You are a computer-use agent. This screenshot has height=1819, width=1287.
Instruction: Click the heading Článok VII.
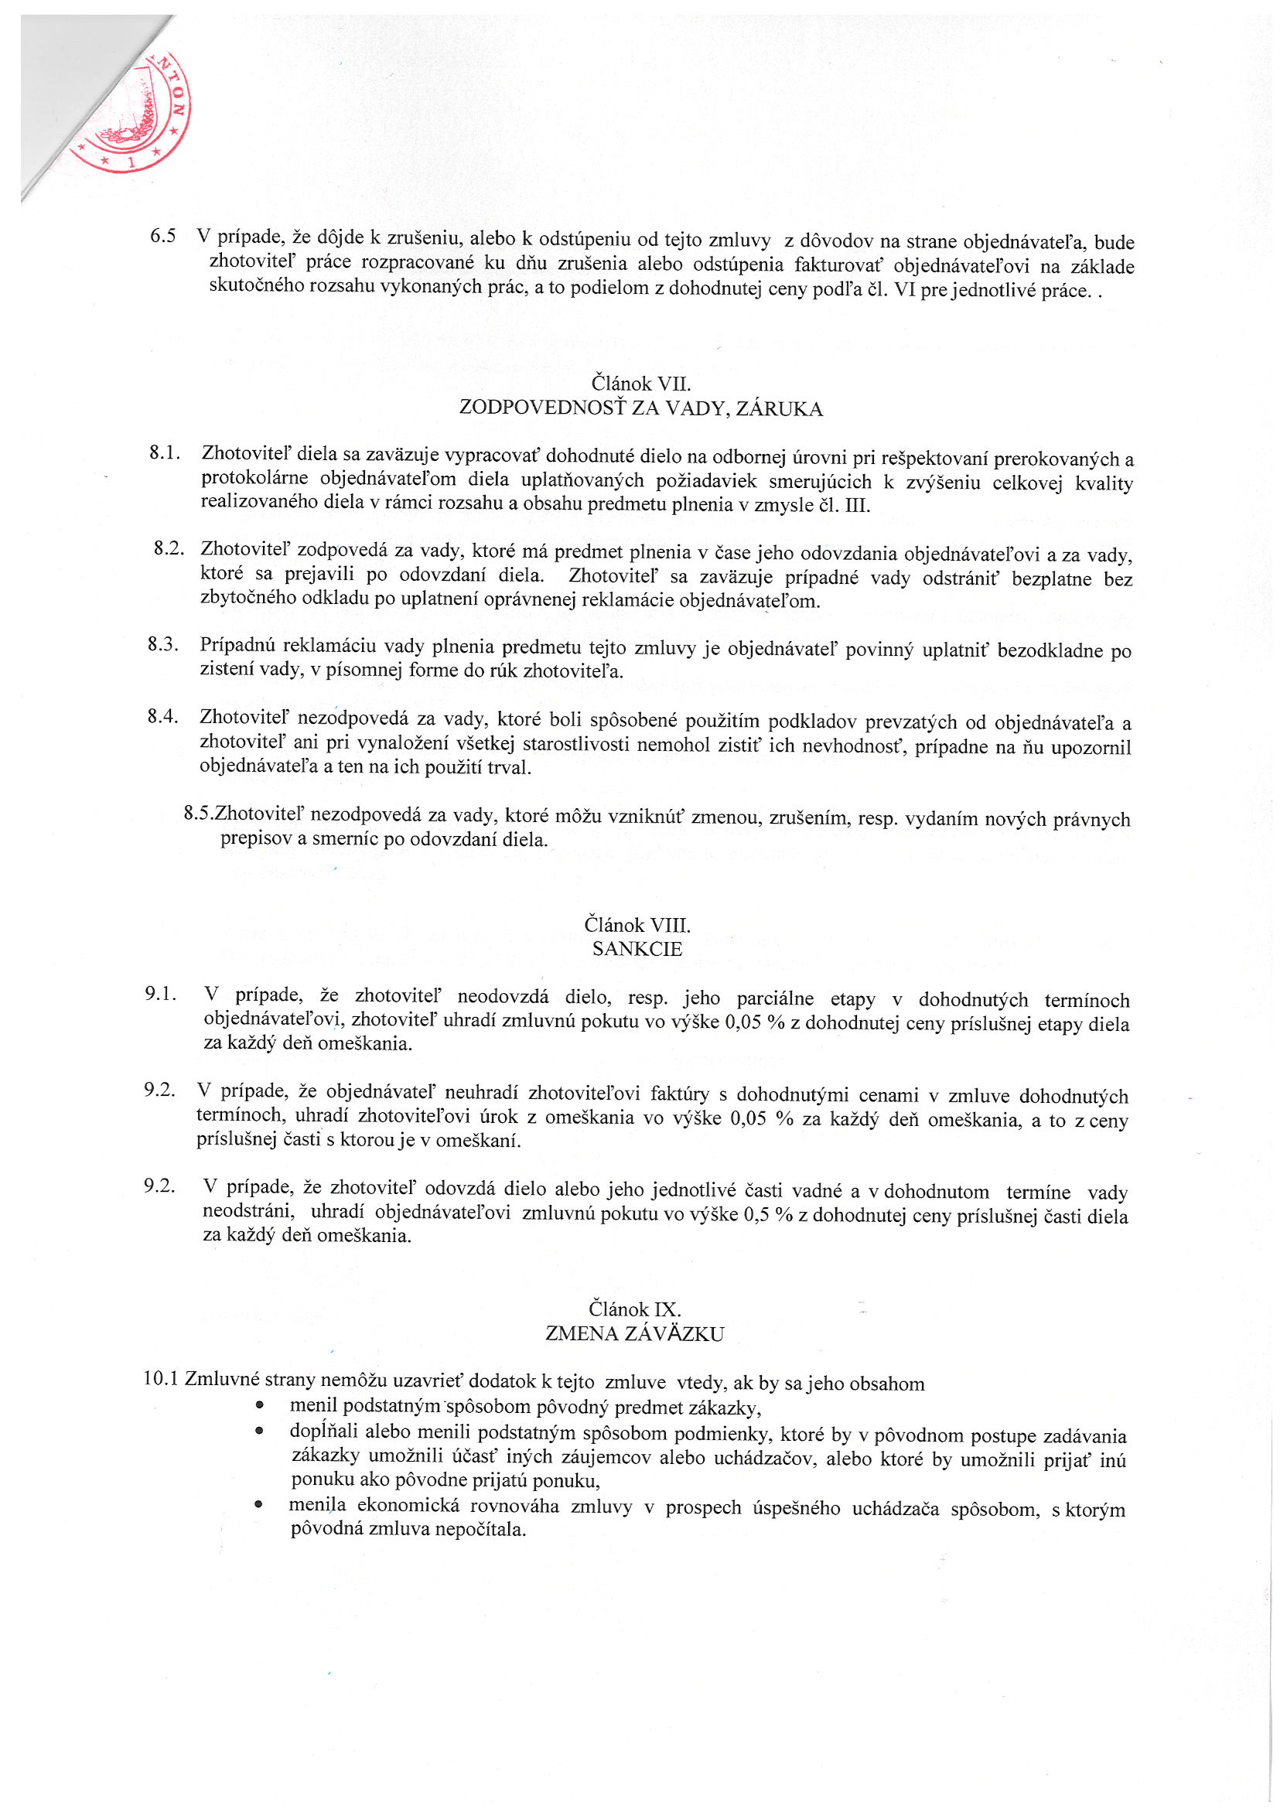coord(641,384)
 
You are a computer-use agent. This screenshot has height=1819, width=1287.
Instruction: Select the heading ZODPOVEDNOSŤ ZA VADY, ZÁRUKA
coord(641,409)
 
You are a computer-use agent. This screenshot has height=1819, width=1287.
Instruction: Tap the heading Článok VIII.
coord(637,924)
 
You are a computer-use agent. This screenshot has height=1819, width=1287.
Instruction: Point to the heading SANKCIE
coord(637,949)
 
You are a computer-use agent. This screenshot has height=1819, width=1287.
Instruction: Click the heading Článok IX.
coord(635,1309)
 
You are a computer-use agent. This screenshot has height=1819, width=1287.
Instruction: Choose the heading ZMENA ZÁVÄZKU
coord(635,1334)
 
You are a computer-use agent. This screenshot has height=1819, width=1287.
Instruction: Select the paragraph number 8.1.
coord(165,453)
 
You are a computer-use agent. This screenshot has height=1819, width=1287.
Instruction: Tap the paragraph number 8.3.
coord(162,644)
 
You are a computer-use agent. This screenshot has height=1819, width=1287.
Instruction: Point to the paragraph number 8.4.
coord(162,716)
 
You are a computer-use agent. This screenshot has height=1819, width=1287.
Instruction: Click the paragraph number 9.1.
coord(160,994)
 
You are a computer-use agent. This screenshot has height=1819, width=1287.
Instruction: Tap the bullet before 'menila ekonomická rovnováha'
coord(259,1504)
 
